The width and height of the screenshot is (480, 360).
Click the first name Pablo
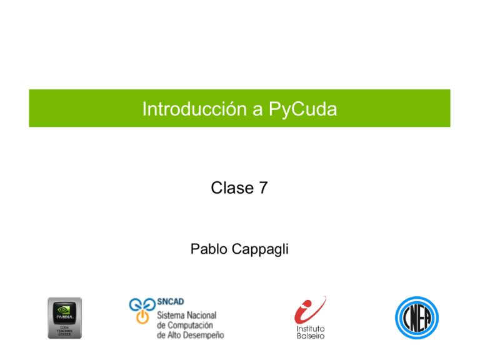tap(209, 251)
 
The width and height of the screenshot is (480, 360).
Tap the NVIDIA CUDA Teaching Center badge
tap(64, 317)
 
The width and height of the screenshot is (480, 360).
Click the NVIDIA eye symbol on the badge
tap(64, 309)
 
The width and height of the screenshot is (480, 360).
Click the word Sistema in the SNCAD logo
tap(171, 314)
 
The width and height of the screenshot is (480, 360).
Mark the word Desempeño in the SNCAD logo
tap(201, 336)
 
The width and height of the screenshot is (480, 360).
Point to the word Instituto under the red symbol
tap(311, 328)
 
